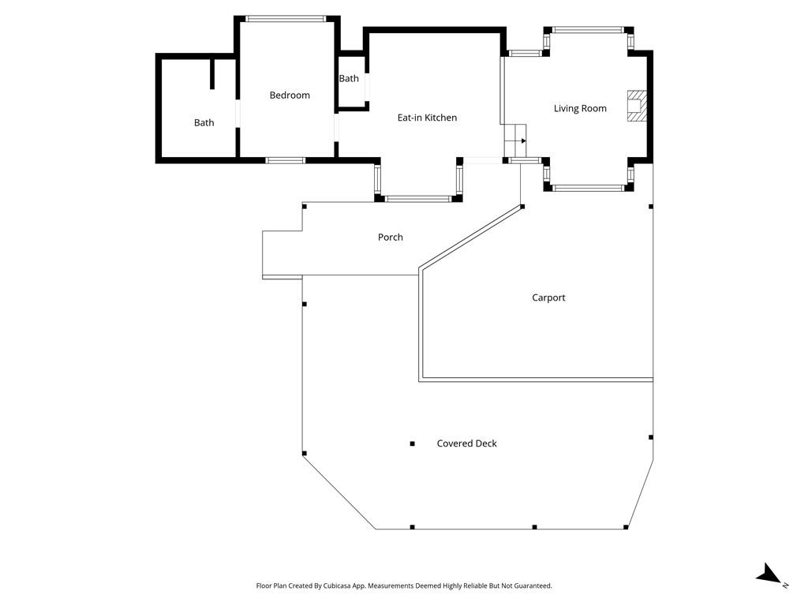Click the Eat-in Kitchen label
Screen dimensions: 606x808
(x=426, y=118)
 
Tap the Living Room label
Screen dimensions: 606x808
(x=580, y=108)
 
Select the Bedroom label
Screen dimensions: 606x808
(x=290, y=95)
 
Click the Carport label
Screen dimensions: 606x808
(x=548, y=297)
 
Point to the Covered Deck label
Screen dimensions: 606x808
(x=466, y=443)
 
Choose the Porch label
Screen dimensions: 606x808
(x=390, y=237)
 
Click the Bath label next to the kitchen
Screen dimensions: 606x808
(x=349, y=79)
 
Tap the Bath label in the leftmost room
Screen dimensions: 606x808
(x=204, y=122)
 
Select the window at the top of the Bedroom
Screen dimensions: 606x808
(x=286, y=18)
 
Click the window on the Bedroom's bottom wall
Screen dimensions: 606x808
(x=285, y=160)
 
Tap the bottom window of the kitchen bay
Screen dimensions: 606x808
(x=417, y=198)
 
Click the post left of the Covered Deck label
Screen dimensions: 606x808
(x=412, y=444)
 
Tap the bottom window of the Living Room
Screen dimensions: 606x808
(x=588, y=188)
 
